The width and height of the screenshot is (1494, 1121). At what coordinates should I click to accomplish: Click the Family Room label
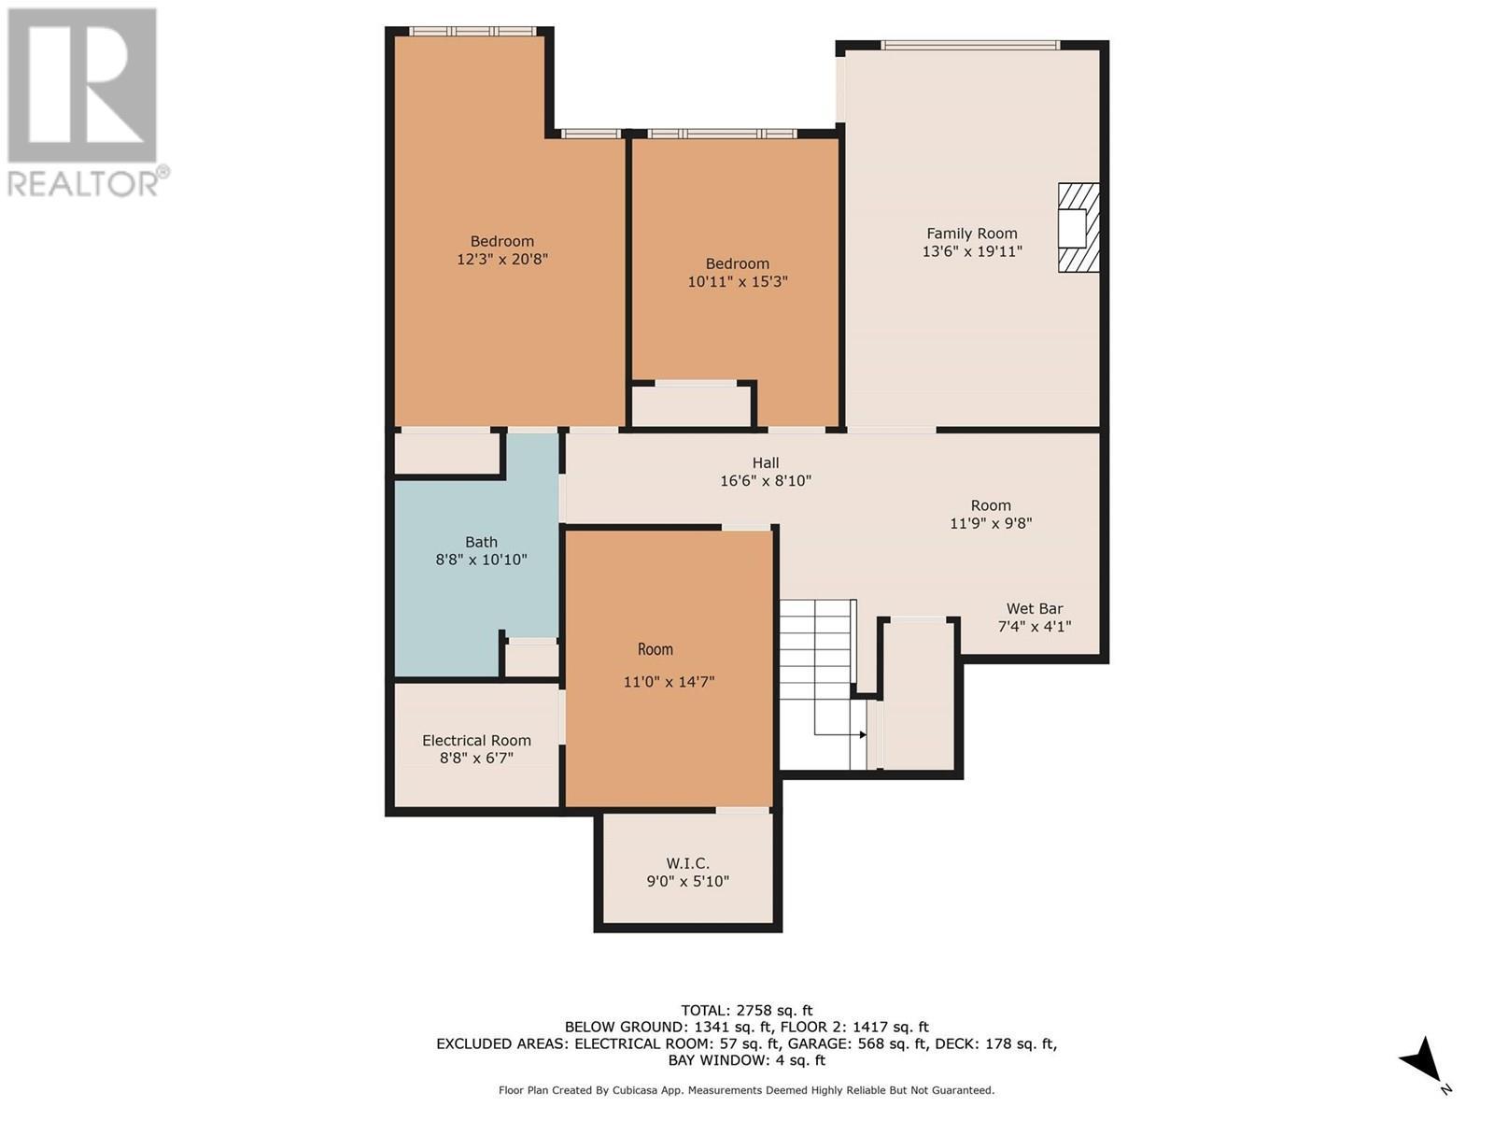point(971,234)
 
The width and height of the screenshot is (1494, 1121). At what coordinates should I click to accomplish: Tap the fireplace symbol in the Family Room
point(1078,228)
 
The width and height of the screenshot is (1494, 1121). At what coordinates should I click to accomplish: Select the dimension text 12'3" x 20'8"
point(501,260)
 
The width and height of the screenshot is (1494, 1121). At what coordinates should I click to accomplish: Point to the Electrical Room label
point(476,741)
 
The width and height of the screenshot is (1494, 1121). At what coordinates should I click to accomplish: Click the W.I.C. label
point(687,863)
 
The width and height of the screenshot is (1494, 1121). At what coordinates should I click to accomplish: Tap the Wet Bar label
point(1035,609)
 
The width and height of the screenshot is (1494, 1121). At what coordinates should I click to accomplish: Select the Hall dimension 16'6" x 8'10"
point(766,481)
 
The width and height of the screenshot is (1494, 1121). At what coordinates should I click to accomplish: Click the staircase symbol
point(818,668)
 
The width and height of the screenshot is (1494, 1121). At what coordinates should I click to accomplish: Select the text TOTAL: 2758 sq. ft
point(746,1010)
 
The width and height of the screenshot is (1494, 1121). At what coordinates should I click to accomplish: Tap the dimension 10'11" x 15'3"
point(738,281)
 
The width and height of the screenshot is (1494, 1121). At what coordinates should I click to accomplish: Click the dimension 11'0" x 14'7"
point(669,682)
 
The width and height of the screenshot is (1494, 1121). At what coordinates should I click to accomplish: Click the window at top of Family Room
point(970,45)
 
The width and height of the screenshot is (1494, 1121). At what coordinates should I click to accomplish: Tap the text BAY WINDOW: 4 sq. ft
point(746,1060)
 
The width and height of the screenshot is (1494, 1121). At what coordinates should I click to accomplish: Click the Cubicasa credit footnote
point(746,1090)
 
